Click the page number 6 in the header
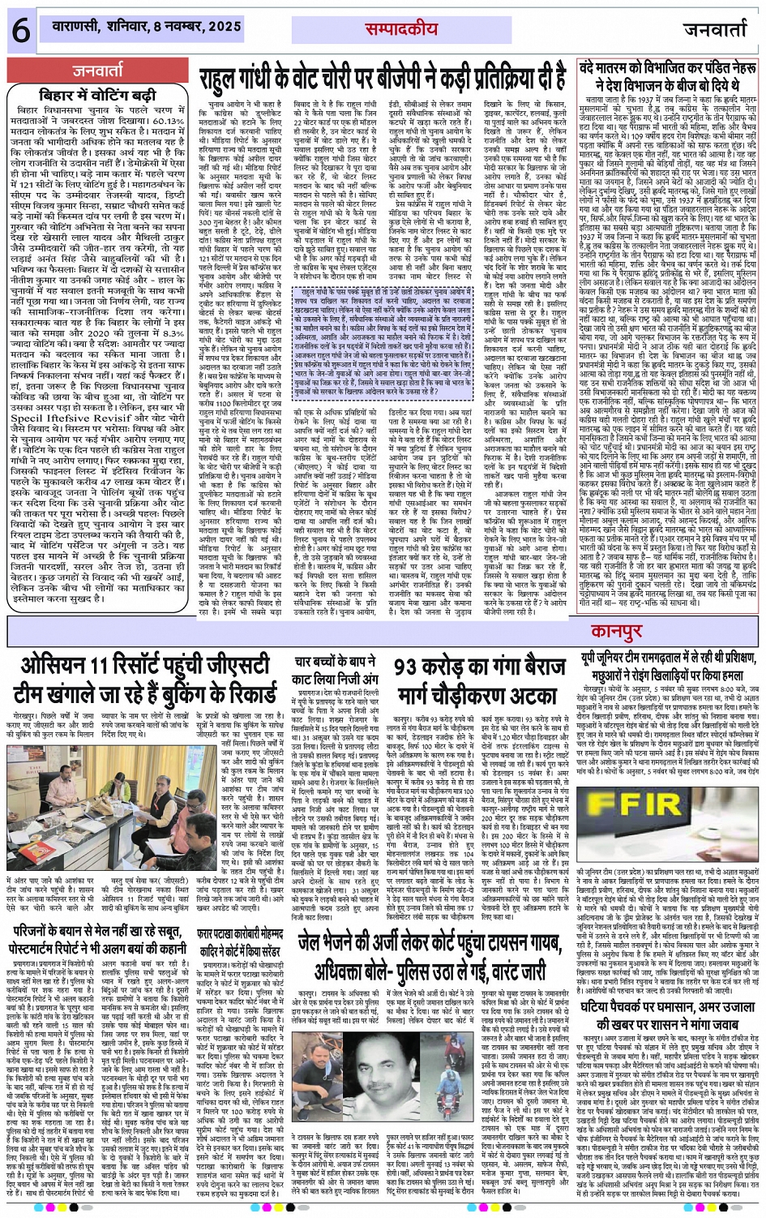pos(20,31)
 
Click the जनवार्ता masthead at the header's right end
pos(714,30)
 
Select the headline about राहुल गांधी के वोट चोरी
pos(383,79)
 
